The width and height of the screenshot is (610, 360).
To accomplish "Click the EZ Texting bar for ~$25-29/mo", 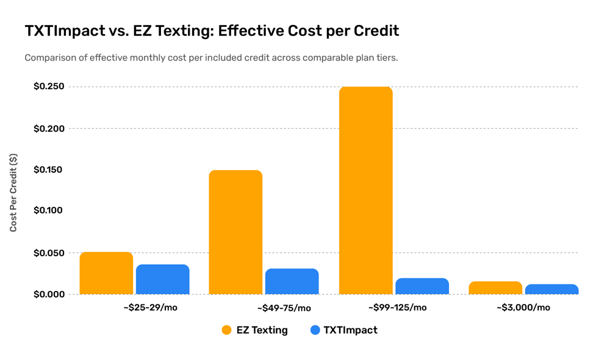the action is tap(106, 273).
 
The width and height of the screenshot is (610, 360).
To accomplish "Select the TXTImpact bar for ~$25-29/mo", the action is tap(163, 279).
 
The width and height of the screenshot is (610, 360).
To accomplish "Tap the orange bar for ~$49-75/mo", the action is tap(235, 232).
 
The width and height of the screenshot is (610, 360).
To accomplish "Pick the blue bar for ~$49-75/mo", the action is tap(292, 281).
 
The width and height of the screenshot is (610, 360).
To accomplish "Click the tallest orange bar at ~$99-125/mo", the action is tap(365, 190).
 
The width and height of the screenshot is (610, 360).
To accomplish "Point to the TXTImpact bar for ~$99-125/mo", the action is tap(422, 286).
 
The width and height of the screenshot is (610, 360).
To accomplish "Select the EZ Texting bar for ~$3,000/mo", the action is tap(495, 287).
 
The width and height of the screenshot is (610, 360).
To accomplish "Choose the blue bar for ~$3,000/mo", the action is tap(551, 289).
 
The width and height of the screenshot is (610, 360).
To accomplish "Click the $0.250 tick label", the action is tap(49, 87).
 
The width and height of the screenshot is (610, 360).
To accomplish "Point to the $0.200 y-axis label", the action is tap(49, 128).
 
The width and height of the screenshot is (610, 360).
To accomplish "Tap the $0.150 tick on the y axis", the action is tap(48, 170).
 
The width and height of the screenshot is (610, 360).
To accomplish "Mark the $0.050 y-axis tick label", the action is tap(49, 253).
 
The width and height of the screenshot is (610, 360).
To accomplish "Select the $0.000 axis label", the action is tap(49, 294).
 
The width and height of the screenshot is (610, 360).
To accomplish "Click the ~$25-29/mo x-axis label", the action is tap(150, 308).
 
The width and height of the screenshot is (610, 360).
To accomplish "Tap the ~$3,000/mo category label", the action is tap(523, 308).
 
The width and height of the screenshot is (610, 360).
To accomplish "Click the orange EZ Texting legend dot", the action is tap(226, 330).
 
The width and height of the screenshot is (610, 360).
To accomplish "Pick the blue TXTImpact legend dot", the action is tap(315, 330).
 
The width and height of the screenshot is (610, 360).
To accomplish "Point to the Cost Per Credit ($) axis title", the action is tap(13, 193).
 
